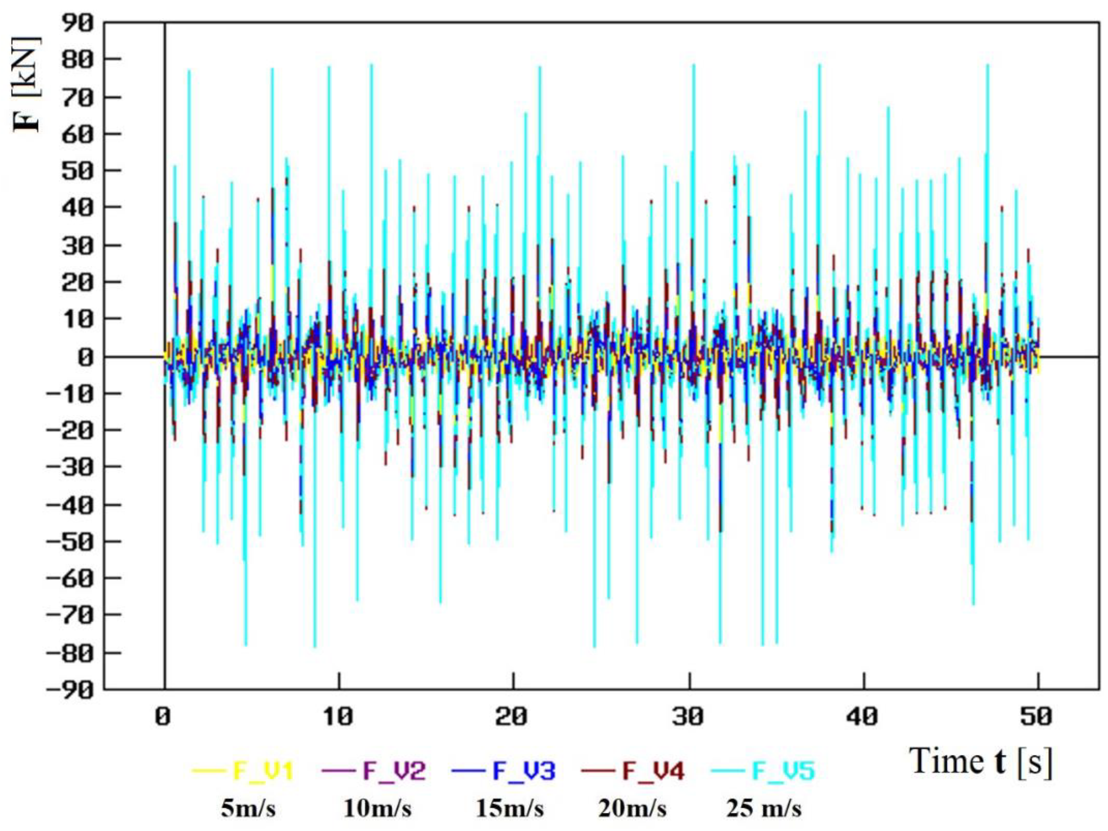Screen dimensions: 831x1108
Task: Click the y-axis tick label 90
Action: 78,23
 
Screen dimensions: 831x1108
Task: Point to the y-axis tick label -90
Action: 70,690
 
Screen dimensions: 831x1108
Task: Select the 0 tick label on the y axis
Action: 85,357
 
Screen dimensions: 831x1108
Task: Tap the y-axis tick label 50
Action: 78,171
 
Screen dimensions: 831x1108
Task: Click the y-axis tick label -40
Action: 70,505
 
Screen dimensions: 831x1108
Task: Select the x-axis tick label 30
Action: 689,717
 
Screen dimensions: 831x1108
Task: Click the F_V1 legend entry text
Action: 263,771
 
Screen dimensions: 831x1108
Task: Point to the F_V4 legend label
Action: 653,771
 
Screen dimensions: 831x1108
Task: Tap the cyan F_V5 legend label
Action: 784,771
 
